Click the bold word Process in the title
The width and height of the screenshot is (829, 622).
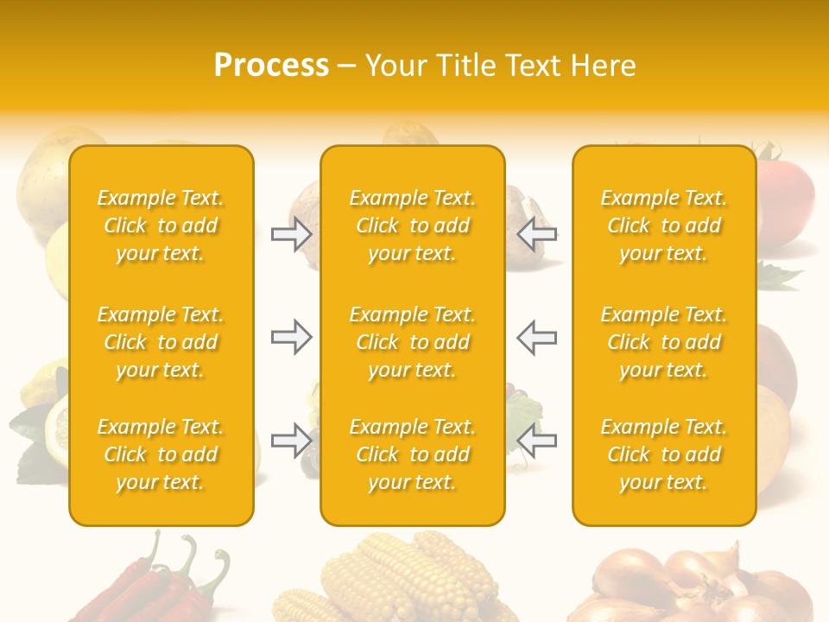pos(271,66)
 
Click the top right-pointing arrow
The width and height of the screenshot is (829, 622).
pos(292,234)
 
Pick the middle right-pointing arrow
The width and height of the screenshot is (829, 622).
pos(292,337)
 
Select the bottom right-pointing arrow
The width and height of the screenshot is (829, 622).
pos(292,441)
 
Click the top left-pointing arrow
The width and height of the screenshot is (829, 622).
pos(536,234)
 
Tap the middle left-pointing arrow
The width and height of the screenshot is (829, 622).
pos(536,337)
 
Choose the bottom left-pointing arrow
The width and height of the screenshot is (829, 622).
pos(536,441)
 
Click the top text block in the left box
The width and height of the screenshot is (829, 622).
pos(161,225)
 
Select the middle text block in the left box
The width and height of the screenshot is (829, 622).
pos(161,342)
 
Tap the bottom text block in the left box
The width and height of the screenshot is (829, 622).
pos(161,454)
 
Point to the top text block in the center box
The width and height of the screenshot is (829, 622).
pos(413,225)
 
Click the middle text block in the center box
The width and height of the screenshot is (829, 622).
pos(413,342)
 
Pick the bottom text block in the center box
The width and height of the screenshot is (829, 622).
pos(413,454)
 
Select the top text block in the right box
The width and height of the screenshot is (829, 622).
pos(664,225)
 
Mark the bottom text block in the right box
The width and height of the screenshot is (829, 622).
pos(664,454)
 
